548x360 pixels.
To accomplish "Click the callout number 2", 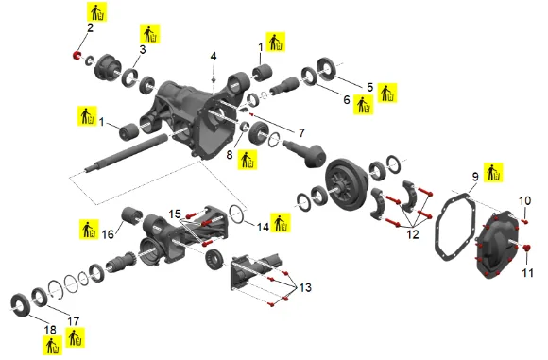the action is (90, 27).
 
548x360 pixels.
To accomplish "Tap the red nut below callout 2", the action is (77, 55).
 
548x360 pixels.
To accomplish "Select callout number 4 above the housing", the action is (214, 57).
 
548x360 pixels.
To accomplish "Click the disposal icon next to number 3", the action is (150, 34).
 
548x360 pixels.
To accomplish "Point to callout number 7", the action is (301, 132).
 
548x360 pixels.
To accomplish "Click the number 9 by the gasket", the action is (475, 177).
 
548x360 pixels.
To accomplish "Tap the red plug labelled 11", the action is (527, 248).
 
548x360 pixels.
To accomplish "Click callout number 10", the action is (524, 200).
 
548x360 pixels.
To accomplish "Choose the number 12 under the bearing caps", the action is (413, 234).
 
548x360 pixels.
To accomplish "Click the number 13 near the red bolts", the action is (305, 287).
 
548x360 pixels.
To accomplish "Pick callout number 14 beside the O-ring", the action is (263, 227).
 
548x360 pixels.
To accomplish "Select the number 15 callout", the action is (175, 214).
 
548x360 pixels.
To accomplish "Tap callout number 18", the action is (50, 330).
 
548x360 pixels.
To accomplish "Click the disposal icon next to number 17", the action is (76, 337).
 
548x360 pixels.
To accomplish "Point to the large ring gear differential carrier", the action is (346, 184).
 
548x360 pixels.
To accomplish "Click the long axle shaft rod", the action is (126, 153).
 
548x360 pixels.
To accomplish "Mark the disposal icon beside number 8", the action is (248, 160).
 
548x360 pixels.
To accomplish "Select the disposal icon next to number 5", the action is (387, 93).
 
